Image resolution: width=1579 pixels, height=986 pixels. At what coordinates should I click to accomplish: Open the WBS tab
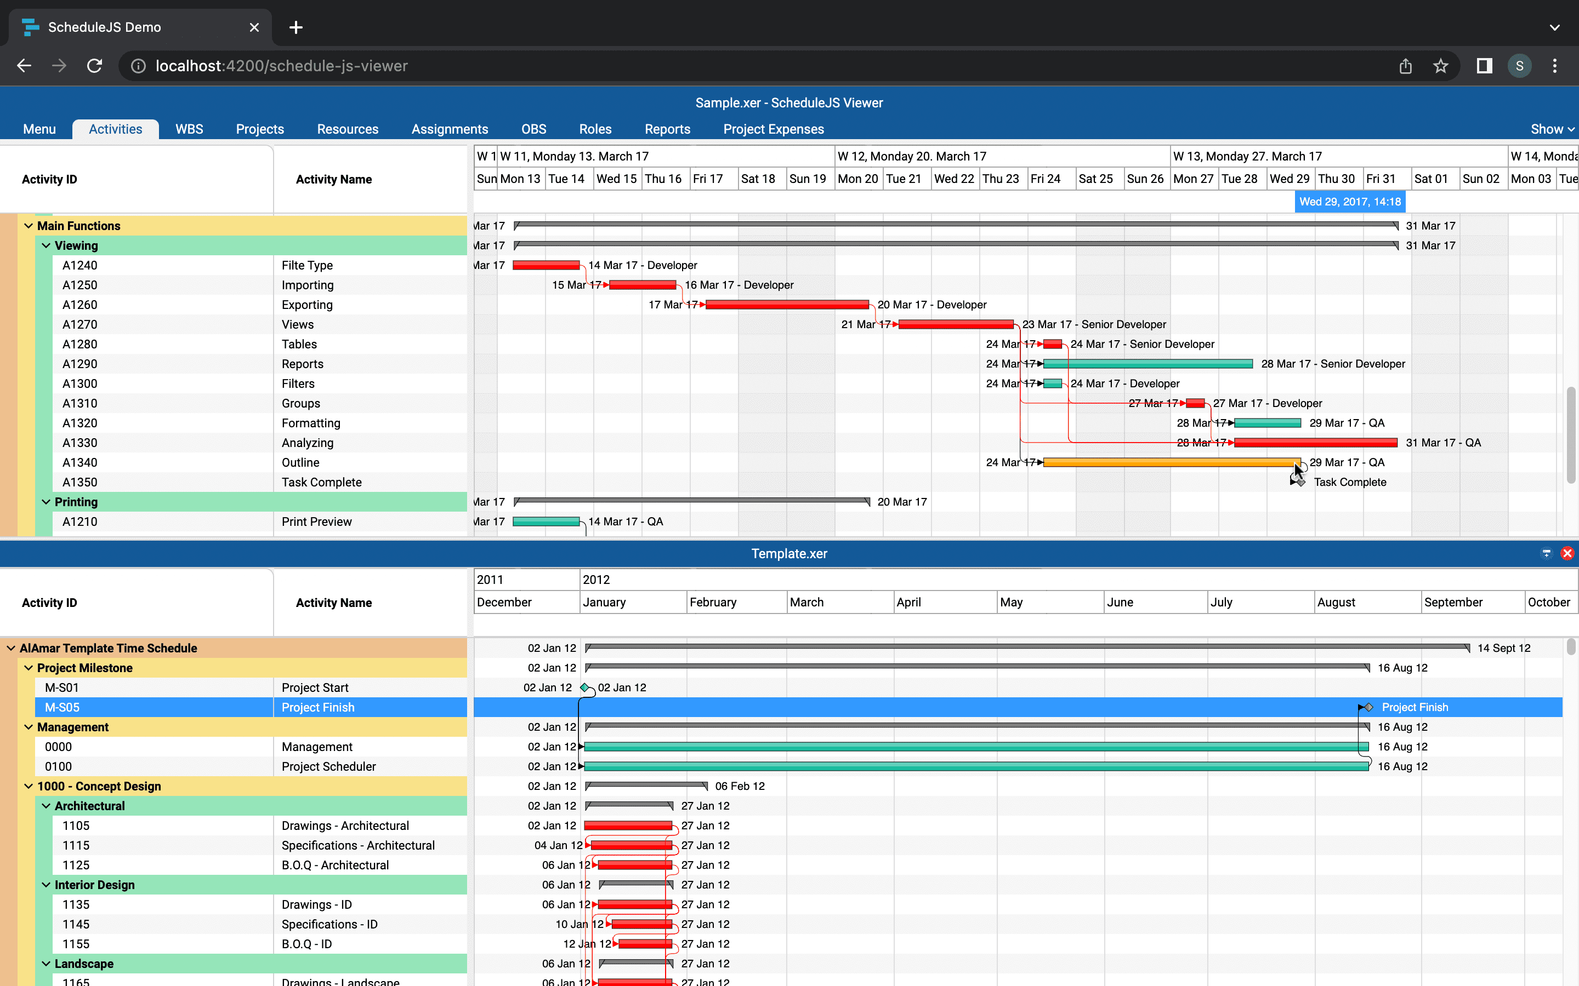189,129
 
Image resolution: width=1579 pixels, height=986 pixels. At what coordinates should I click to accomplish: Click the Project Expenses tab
773,129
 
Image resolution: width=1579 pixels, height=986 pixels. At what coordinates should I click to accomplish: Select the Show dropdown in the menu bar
1552,129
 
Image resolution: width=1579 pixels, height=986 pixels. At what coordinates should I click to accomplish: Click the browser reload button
95,66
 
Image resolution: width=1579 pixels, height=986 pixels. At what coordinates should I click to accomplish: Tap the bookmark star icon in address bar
1440,66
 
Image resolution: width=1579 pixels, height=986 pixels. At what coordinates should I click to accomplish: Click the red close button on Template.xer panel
1566,554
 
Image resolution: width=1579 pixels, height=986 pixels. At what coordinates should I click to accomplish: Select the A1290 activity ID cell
79,364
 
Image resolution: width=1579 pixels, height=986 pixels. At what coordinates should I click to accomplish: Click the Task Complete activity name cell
322,482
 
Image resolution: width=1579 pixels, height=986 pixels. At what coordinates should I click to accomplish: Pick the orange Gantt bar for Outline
1171,462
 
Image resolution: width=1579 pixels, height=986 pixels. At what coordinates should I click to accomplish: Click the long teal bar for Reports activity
1149,364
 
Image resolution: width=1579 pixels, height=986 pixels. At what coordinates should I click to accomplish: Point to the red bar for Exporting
787,305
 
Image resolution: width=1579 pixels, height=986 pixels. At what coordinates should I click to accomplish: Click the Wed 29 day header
1290,179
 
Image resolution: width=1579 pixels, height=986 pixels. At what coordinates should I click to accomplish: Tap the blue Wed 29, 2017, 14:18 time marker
1349,202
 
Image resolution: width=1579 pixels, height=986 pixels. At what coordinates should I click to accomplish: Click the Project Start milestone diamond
584,687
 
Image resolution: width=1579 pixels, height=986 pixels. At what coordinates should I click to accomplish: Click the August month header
1336,602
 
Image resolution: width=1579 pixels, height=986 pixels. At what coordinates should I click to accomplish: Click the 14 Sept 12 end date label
1503,648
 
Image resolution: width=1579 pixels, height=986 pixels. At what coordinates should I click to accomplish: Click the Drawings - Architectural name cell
345,826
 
